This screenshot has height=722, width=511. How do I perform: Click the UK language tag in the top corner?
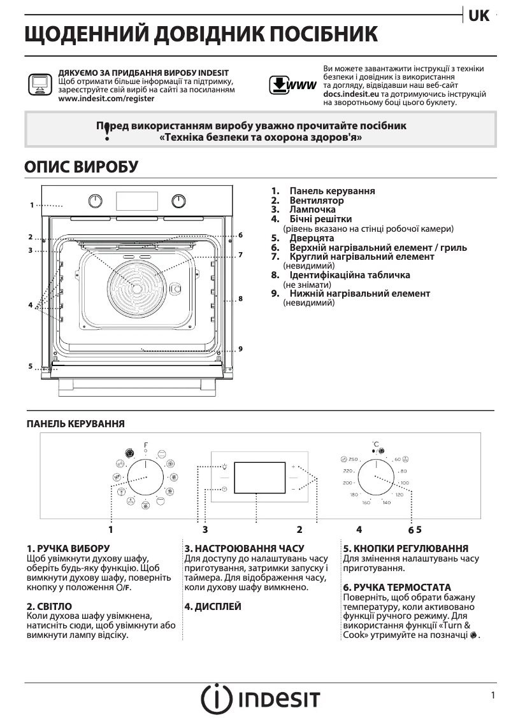(479, 16)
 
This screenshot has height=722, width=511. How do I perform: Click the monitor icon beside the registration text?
(39, 84)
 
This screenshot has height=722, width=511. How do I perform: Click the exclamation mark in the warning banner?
(107, 131)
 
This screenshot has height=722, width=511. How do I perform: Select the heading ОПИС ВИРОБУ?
(81, 167)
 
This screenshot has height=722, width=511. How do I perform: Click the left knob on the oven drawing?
(95, 201)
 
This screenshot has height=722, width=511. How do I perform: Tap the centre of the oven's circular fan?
(136, 287)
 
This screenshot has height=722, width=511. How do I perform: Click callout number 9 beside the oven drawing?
(240, 349)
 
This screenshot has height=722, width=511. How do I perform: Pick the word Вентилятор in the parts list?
(316, 200)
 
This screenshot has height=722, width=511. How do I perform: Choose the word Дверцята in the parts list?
(312, 238)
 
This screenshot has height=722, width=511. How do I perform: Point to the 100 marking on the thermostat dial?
(405, 483)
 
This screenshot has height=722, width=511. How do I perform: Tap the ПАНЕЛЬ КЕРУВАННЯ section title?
(75, 423)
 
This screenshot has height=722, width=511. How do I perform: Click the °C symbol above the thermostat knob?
(376, 443)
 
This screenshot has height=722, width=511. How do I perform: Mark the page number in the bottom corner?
(493, 696)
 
